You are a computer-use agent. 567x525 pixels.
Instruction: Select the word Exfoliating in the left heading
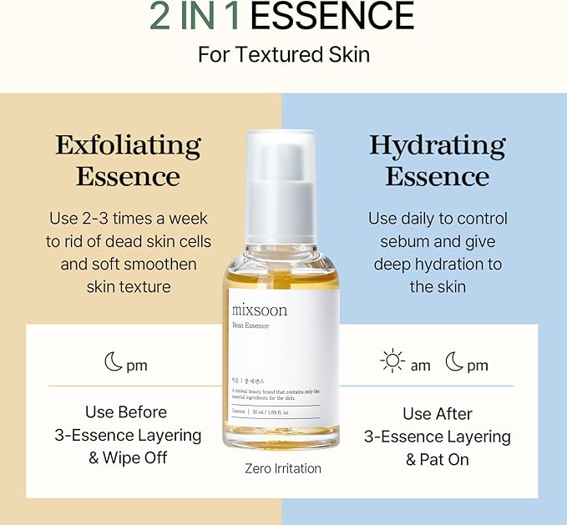pos(128,145)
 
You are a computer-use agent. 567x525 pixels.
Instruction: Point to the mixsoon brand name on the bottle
pos(260,310)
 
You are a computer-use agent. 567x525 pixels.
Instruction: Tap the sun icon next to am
pos(392,361)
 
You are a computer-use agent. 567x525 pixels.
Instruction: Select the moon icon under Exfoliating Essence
pos(114,361)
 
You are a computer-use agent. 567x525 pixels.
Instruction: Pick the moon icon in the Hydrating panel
pos(453,361)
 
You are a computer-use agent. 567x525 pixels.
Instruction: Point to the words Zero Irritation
pos(283,468)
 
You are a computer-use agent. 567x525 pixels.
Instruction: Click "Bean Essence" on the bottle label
pos(251,326)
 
